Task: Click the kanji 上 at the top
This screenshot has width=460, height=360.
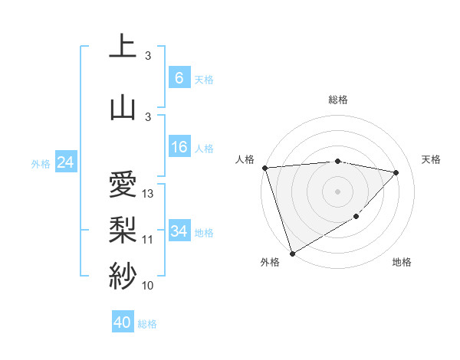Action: pyautogui.click(x=123, y=46)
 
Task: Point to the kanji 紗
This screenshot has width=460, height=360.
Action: pyautogui.click(x=123, y=274)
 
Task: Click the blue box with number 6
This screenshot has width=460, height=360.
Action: pyautogui.click(x=179, y=78)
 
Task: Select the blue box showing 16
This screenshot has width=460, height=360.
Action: pyautogui.click(x=179, y=148)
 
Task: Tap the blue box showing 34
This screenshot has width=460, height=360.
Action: pyautogui.click(x=179, y=231)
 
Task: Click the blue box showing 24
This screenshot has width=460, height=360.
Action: pyautogui.click(x=65, y=162)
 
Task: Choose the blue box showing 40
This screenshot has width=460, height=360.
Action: pyautogui.click(x=123, y=322)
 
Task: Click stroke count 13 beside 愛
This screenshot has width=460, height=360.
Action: pyautogui.click(x=149, y=194)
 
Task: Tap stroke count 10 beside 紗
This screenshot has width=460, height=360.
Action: pyautogui.click(x=148, y=286)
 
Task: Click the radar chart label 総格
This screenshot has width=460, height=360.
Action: pyautogui.click(x=337, y=100)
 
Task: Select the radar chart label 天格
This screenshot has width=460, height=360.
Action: pyautogui.click(x=431, y=159)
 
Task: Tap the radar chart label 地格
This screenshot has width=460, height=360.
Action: pyautogui.click(x=402, y=262)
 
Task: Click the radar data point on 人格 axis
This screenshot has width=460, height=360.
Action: pyautogui.click(x=264, y=168)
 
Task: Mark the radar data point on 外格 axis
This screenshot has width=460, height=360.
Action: pyautogui.click(x=292, y=253)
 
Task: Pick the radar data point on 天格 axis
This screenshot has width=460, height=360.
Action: pyautogui.click(x=396, y=172)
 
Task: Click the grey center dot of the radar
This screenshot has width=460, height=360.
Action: pyautogui.click(x=337, y=191)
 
